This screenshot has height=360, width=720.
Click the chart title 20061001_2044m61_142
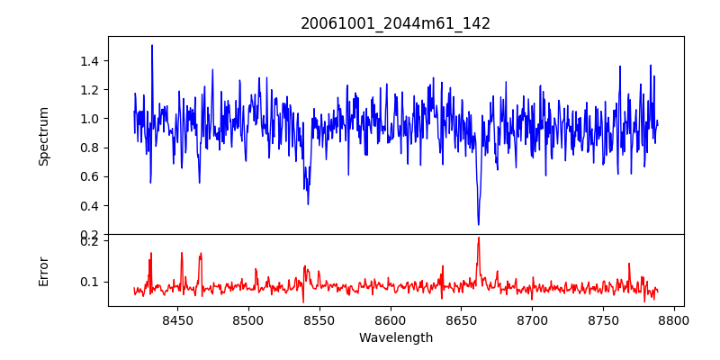(x=395, y=23)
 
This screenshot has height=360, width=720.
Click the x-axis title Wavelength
(x=395, y=337)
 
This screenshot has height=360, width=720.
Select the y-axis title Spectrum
(x=44, y=136)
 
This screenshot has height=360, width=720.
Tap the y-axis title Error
(x=44, y=271)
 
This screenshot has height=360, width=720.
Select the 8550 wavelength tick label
(x=319, y=319)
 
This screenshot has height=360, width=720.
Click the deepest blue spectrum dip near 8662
(x=479, y=223)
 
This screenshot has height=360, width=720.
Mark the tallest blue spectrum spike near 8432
(x=152, y=46)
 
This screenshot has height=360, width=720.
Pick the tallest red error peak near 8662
(x=479, y=238)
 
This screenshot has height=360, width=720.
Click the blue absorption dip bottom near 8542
(x=308, y=203)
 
